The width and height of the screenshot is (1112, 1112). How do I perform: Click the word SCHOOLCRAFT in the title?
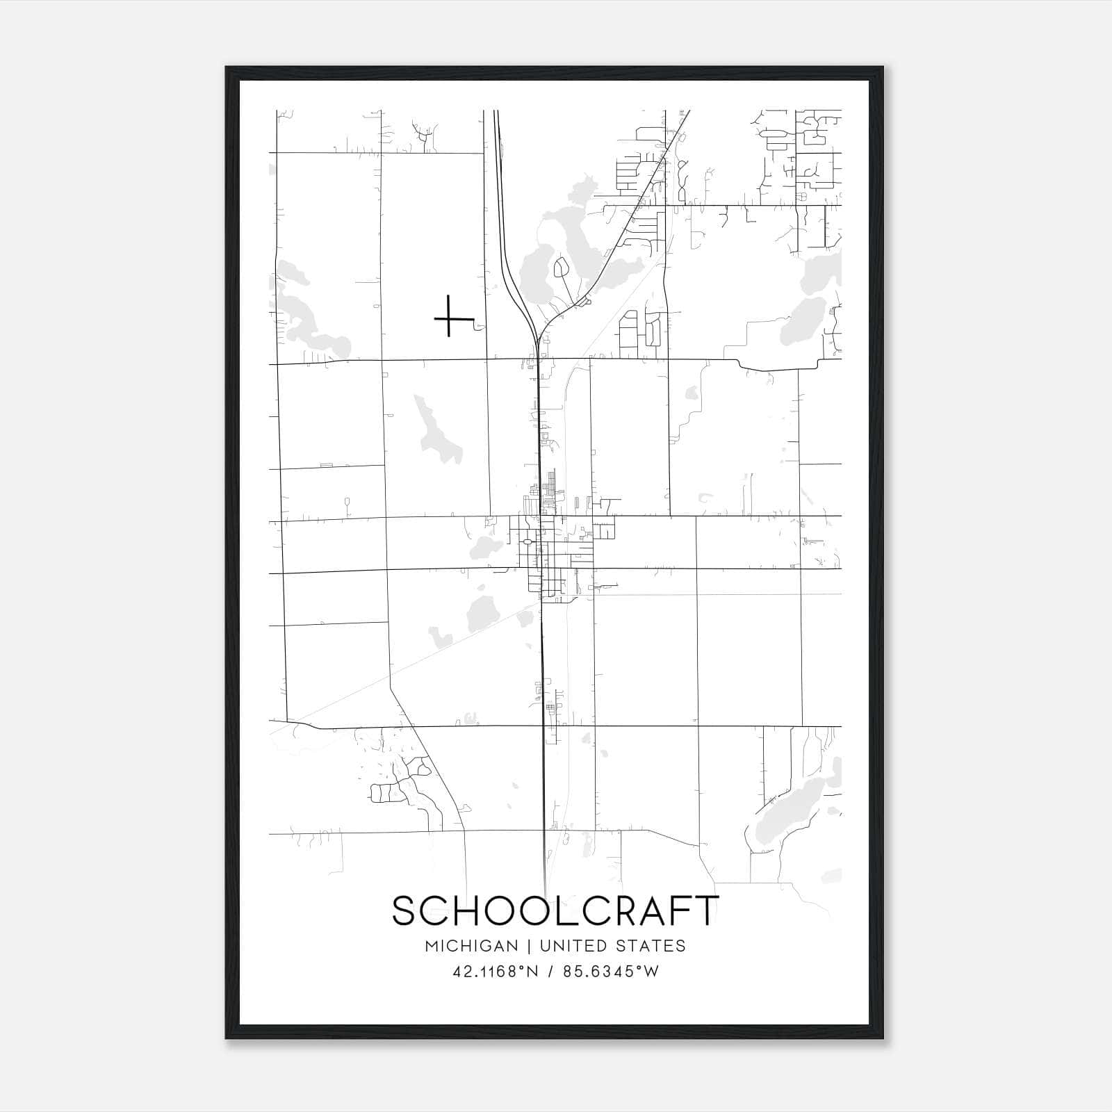(555, 911)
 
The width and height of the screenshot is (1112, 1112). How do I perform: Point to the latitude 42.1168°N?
(496, 972)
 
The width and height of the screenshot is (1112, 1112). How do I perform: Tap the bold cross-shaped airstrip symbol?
(450, 318)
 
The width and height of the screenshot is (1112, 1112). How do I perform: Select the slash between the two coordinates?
(550, 972)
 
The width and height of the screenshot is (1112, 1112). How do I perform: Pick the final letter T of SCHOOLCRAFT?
(708, 911)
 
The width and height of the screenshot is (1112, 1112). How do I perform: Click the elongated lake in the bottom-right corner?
(792, 806)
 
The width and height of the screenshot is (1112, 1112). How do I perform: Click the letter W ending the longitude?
(651, 972)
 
